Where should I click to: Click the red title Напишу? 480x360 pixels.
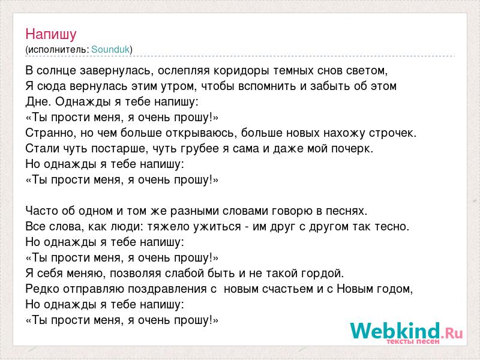click(51, 34)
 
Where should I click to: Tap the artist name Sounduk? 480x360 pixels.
click(110, 49)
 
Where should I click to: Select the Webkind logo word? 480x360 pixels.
click(395, 331)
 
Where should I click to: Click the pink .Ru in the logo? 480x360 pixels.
click(452, 333)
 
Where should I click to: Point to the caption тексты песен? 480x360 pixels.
click(413, 341)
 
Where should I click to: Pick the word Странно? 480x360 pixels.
click(51, 133)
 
